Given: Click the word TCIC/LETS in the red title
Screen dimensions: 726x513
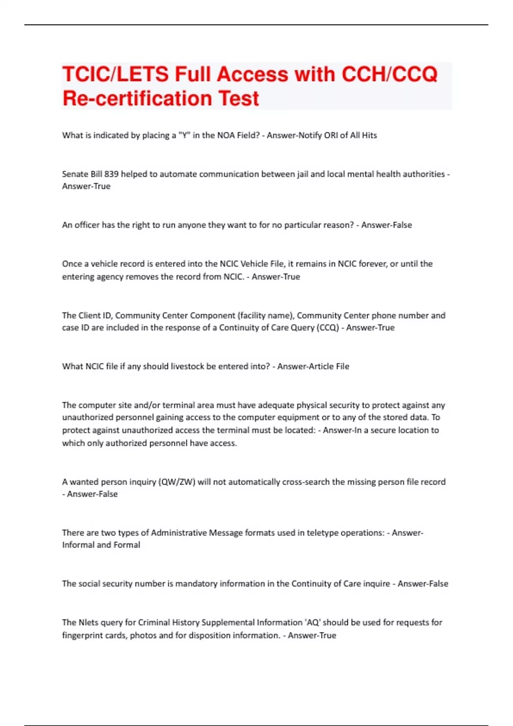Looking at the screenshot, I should [x=115, y=74].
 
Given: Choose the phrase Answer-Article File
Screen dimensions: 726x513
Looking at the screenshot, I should [x=313, y=366].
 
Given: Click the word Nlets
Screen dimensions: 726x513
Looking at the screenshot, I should [x=88, y=623].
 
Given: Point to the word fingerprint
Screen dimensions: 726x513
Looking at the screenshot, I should [x=82, y=635].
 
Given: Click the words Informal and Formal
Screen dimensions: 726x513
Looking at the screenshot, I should [x=101, y=545].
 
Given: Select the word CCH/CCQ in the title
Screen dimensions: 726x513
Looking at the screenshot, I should [x=389, y=74].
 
